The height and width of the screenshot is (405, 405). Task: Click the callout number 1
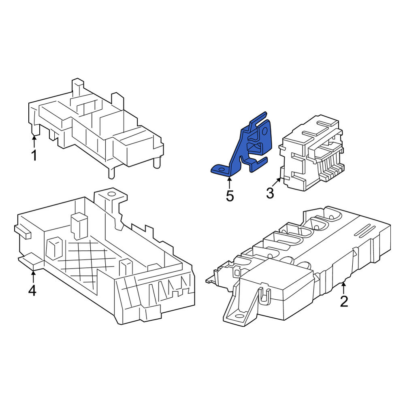tap(34, 156)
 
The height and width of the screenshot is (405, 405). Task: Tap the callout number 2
tap(344, 301)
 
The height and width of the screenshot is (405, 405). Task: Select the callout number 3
tap(270, 193)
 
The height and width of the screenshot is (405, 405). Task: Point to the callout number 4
tap(32, 290)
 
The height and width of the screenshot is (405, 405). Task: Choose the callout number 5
tap(230, 196)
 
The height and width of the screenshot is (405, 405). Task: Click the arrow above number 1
tap(34, 141)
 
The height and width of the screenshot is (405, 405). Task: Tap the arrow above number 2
tap(343, 288)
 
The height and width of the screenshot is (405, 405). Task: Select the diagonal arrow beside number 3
tap(276, 183)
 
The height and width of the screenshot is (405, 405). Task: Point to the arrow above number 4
tap(33, 276)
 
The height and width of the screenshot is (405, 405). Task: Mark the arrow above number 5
tap(229, 183)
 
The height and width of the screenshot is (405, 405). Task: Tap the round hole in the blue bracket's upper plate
tap(265, 131)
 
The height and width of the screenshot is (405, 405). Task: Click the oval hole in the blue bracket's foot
tap(222, 170)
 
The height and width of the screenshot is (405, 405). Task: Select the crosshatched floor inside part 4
tap(85, 261)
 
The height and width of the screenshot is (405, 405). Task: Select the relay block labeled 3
tap(311, 152)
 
